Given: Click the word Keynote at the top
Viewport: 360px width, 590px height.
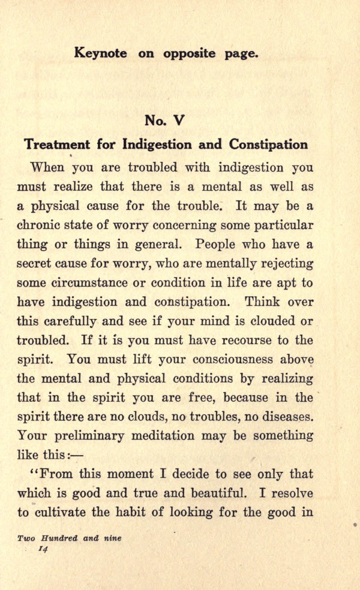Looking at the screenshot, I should coord(100,53).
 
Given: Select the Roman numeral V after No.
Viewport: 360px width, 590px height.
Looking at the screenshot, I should coord(178,120).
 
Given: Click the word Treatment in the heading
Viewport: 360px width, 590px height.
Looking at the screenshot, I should coord(57,145).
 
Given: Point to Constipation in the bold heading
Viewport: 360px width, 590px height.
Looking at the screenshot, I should coord(267,145).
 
